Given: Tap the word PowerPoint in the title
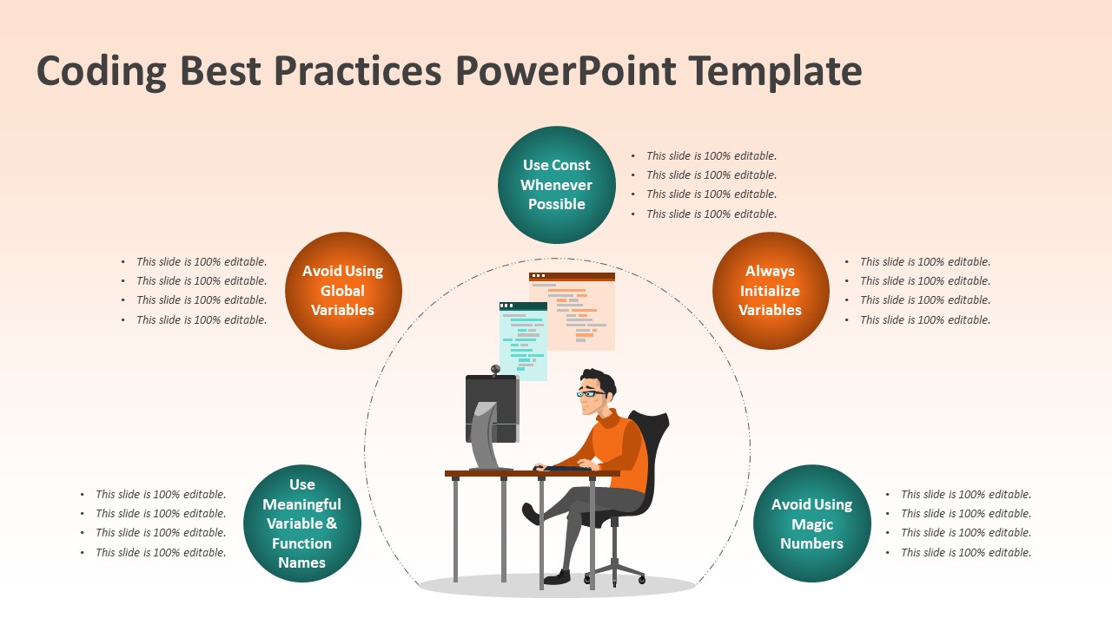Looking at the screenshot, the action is point(566,71).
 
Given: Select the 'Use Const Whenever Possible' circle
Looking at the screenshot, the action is point(557,185).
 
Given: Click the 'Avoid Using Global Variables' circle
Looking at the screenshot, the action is point(343,291).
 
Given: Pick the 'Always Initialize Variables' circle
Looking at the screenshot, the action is point(771,291).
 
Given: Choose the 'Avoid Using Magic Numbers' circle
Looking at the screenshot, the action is point(811,523).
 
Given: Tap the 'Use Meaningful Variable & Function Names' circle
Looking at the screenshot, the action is point(301,523).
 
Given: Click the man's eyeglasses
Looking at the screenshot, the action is point(591,394).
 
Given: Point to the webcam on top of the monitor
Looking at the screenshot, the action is point(495,370).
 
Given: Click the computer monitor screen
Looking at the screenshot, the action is point(492,408).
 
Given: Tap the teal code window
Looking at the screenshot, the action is point(523,341).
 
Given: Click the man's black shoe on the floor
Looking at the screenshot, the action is point(557,578).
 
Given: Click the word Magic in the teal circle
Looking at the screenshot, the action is point(811,524).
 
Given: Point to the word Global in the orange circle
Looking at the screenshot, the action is point(342,291).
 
